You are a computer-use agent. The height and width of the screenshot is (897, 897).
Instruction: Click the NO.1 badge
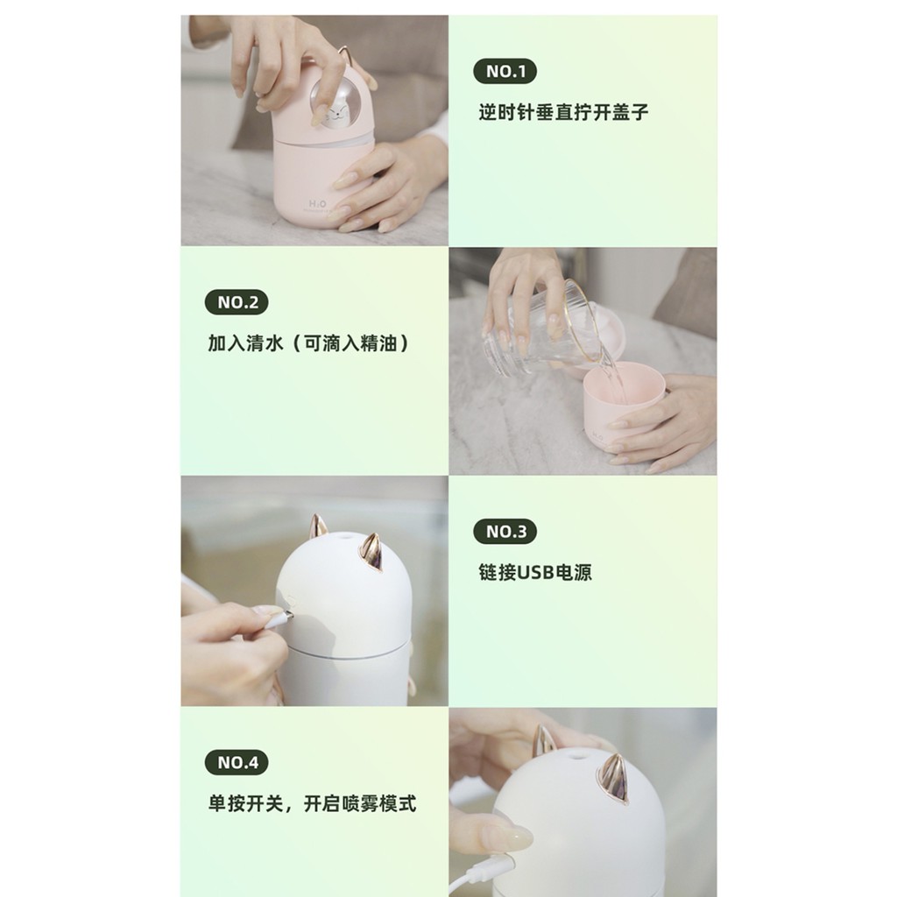click(x=505, y=72)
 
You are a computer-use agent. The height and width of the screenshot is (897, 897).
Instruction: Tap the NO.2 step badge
click(x=237, y=303)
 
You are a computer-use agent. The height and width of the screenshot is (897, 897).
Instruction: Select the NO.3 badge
click(x=505, y=532)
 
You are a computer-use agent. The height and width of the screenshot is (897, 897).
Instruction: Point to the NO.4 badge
click(x=237, y=762)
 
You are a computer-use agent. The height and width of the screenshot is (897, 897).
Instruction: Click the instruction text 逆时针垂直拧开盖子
click(x=563, y=113)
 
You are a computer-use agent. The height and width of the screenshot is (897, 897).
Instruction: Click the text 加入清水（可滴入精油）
click(x=308, y=343)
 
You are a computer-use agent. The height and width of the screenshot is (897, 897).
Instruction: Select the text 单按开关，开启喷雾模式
click(x=311, y=803)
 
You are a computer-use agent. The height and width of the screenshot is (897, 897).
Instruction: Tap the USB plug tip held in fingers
click(x=279, y=620)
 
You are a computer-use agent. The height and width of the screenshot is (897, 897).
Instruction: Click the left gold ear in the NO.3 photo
click(x=317, y=526)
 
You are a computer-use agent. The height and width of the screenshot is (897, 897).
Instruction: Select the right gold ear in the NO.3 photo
click(x=371, y=552)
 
